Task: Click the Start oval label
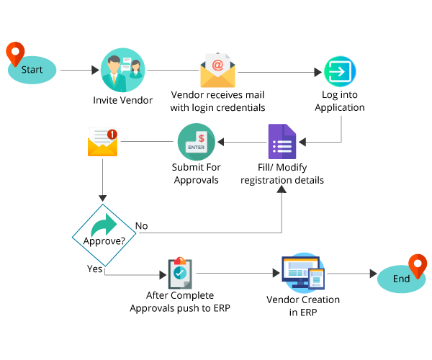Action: coord(32,70)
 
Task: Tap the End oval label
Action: coord(401,279)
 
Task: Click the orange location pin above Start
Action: coord(15,53)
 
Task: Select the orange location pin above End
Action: coord(418,265)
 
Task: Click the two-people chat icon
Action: coord(122,70)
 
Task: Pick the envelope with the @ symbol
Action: coord(217,71)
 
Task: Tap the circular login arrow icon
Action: coord(340,71)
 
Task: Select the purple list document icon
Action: coord(282,142)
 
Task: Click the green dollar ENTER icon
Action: coord(196,142)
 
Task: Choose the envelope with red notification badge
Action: coord(102,142)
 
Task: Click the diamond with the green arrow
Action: coord(104,234)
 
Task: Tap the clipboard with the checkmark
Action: coord(179,273)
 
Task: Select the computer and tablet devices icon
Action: coord(303,273)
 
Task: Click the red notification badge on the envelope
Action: coord(112,133)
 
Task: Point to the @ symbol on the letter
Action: coord(217,65)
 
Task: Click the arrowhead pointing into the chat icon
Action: coord(96,71)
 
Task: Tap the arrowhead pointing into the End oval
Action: coord(373,274)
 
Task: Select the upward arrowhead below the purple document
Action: coord(282,189)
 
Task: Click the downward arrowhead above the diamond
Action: coord(103,198)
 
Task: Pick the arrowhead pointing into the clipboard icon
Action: coord(163,274)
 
